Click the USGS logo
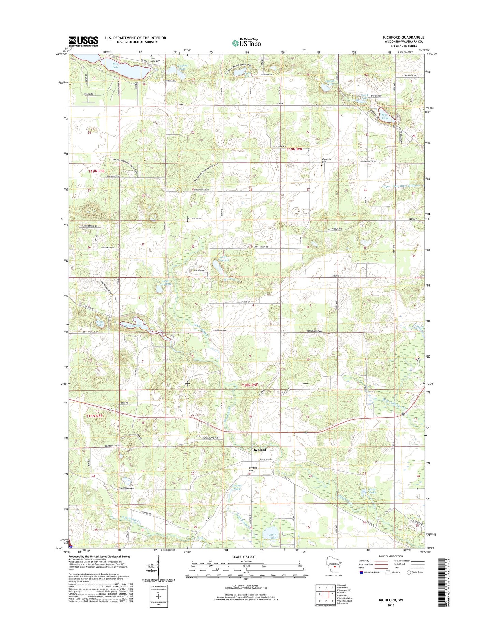[83, 41]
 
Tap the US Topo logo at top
[246, 43]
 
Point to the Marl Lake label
[385, 116]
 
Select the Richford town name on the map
[259, 450]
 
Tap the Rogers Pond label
[237, 487]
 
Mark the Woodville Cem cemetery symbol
[322, 165]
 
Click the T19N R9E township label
[294, 149]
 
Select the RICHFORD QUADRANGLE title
[408, 37]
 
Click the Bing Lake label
[100, 323]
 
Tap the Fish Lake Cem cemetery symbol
[150, 56]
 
